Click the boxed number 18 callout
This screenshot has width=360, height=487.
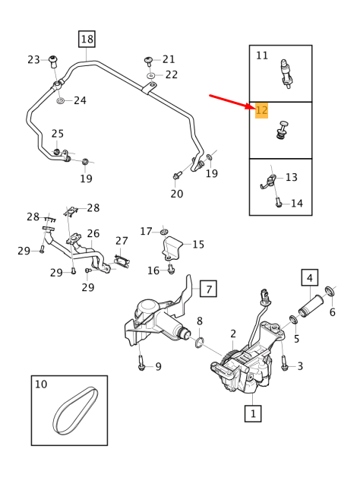pyautogui.click(x=87, y=39)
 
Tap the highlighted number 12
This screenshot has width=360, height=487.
pyautogui.click(x=262, y=111)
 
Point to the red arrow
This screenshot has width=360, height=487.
pyautogui.click(x=232, y=102)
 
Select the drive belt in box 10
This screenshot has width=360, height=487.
pyautogui.click(x=74, y=410)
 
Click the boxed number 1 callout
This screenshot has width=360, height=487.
pyautogui.click(x=251, y=413)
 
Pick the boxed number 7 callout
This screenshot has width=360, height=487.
pyautogui.click(x=209, y=288)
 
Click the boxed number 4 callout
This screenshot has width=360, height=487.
pyautogui.click(x=309, y=278)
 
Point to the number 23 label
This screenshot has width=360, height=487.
pyautogui.click(x=33, y=60)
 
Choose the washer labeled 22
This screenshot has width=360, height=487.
pyautogui.click(x=150, y=75)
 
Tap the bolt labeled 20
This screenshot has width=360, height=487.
pyautogui.click(x=176, y=177)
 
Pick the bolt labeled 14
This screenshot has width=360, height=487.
pyautogui.click(x=279, y=202)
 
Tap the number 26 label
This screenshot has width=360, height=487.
pyautogui.click(x=93, y=233)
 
